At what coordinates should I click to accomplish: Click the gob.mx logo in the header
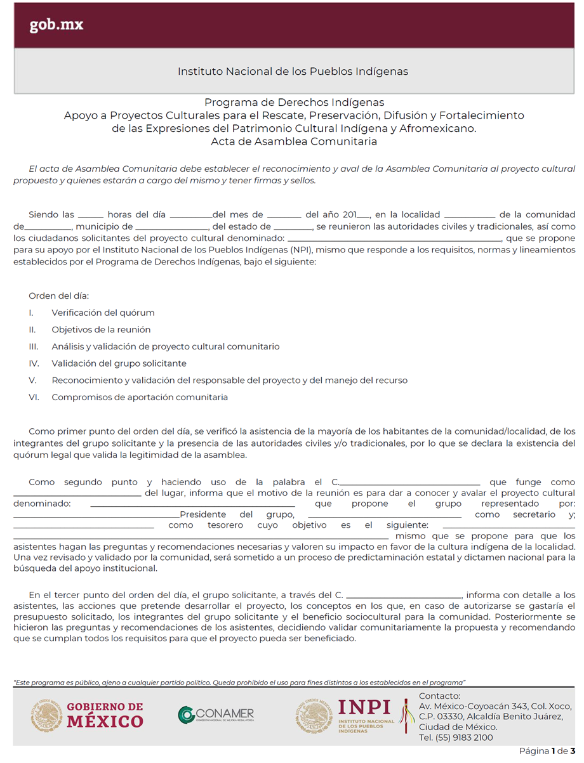click(x=56, y=25)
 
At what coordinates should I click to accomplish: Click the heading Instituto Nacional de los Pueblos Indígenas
click(x=293, y=72)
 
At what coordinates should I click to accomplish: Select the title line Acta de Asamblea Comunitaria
click(x=294, y=141)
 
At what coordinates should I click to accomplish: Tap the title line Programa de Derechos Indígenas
click(x=294, y=102)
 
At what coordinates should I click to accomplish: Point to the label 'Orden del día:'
click(x=59, y=296)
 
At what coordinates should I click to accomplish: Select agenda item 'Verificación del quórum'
click(x=103, y=313)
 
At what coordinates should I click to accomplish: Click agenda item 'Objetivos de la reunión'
click(x=101, y=330)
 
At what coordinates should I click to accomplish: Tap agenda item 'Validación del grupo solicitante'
click(x=119, y=363)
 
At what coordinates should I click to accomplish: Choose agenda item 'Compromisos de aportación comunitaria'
click(x=140, y=398)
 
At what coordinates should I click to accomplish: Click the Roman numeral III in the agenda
click(x=34, y=347)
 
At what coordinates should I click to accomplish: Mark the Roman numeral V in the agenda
click(x=32, y=381)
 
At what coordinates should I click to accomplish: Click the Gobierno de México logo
click(x=87, y=715)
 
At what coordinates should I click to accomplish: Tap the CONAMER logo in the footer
click(x=216, y=715)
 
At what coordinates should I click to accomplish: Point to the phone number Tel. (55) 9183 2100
click(x=456, y=738)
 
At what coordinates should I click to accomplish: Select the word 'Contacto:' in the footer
click(x=440, y=696)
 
